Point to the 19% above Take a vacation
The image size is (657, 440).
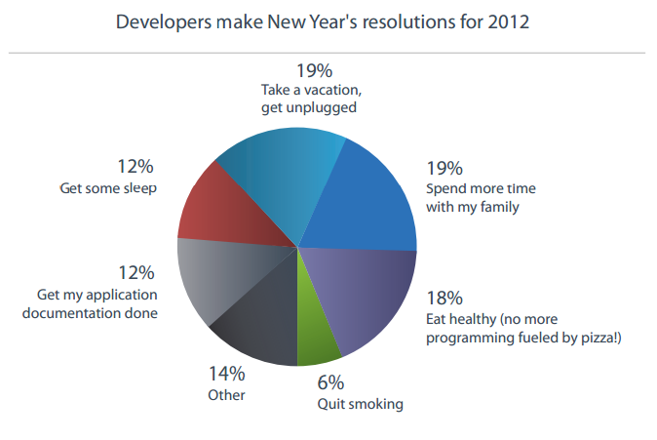point(315,69)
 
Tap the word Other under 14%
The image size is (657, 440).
point(226,395)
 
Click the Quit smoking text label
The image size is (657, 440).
point(361,404)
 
